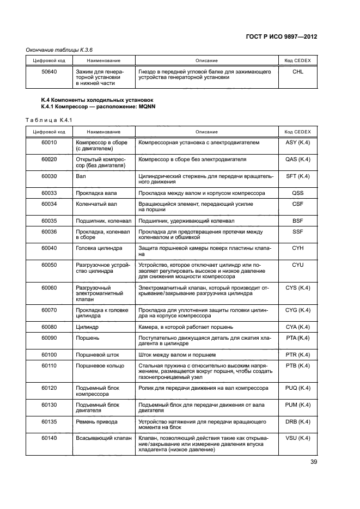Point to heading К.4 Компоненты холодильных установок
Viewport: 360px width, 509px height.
point(97,101)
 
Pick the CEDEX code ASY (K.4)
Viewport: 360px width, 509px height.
point(298,143)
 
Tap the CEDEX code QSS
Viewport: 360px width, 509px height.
point(298,193)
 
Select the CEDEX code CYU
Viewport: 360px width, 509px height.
point(298,265)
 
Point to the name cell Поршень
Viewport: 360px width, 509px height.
point(88,338)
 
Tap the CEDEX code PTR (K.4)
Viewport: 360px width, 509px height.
point(298,354)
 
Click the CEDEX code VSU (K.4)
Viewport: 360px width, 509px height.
point(298,438)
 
